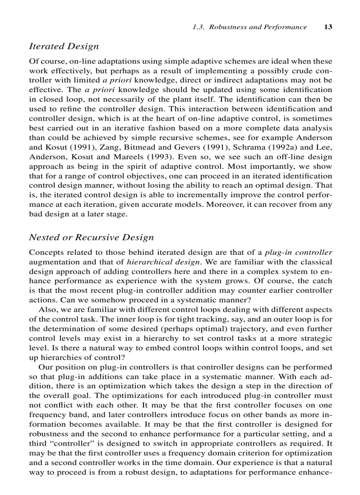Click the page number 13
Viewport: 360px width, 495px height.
click(x=328, y=27)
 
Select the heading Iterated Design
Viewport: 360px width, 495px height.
click(x=64, y=46)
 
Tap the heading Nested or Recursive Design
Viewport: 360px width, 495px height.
click(x=91, y=238)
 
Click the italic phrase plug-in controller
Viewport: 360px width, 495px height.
click(x=298, y=253)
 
